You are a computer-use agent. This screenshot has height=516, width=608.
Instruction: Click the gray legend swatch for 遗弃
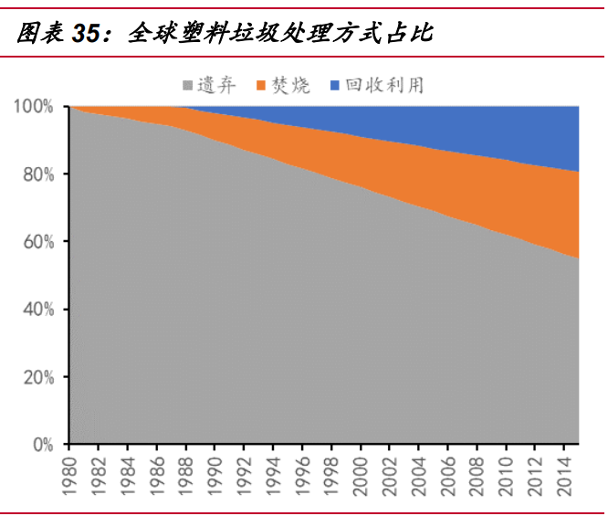point(188,86)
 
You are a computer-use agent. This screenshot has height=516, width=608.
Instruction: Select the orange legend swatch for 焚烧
point(261,86)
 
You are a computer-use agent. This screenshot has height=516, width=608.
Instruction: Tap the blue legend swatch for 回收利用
point(333,86)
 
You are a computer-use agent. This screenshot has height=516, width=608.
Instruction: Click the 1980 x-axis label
point(71,474)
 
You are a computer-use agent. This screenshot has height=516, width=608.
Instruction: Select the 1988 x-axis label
point(187,474)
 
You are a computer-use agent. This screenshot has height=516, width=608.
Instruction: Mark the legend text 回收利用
point(384,86)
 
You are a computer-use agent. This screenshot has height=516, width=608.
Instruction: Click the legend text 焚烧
point(291,86)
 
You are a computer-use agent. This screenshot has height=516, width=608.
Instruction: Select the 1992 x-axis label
point(246,474)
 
